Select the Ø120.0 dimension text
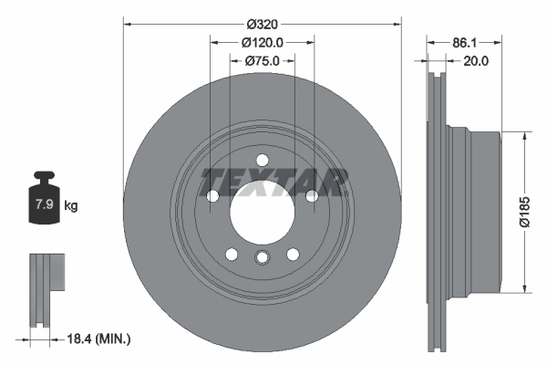pos(263,42)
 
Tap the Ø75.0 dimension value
pos(263,61)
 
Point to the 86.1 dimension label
pos(466,42)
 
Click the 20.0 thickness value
pos(477,61)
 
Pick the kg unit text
pos(71,206)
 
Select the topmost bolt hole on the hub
pos(262,161)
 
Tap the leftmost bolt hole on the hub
pos(213,196)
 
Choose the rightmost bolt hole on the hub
pos(311,196)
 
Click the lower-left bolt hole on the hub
pos(232,254)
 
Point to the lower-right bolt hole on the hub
pos(293,254)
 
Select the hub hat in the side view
pos(483,212)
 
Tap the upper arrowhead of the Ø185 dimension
pos(524,136)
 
